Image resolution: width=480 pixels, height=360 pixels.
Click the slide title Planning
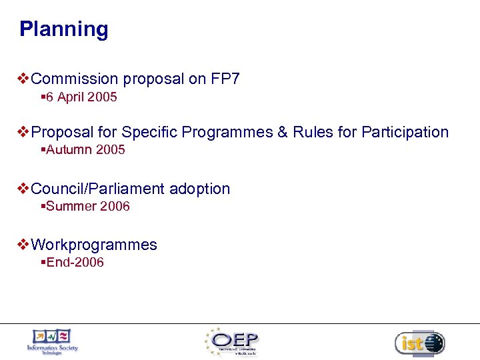pos(63,29)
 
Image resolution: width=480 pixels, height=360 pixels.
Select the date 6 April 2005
pos(81,97)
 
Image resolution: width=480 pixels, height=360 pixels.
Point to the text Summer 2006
pos(88,207)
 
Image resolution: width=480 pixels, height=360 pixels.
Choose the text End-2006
pos(75,263)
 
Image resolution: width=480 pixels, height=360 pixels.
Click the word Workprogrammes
pos(94,245)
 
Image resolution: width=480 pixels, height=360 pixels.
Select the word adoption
pos(199,189)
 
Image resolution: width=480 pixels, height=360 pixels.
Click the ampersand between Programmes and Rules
pos(283,133)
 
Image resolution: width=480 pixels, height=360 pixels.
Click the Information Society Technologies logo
pos(52,342)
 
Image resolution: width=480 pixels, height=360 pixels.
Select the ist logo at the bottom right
pos(419,343)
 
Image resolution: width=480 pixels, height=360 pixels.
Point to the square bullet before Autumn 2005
pos(43,150)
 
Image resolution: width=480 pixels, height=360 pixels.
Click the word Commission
pos(70,79)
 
